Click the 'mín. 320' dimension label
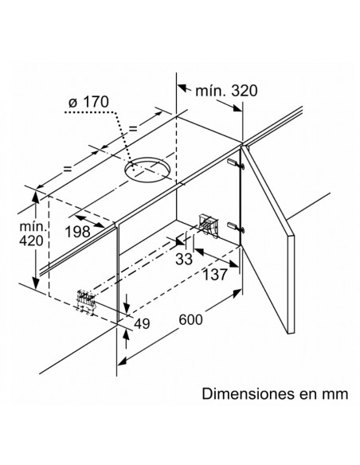(x=226, y=91)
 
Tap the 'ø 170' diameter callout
(x=89, y=102)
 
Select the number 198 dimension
(x=78, y=232)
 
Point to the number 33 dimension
(x=184, y=259)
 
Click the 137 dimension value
(x=215, y=275)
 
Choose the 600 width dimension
(x=191, y=319)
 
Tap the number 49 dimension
(x=142, y=324)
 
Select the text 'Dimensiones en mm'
(x=275, y=394)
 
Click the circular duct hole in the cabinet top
(x=148, y=169)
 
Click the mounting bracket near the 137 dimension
(x=209, y=225)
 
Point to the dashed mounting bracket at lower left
(x=86, y=301)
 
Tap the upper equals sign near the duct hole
(x=133, y=128)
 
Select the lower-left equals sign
(x=68, y=169)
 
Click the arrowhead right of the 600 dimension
(x=237, y=294)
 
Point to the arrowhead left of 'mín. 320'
(x=182, y=88)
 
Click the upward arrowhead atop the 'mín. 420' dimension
(x=36, y=197)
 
